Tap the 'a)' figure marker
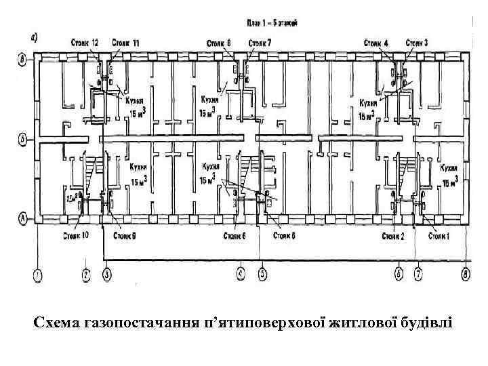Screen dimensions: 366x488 (x=38, y=36)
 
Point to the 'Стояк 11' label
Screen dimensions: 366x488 (x=125, y=43)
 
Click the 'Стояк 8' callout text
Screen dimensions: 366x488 (x=219, y=43)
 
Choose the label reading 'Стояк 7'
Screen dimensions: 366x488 (x=260, y=43)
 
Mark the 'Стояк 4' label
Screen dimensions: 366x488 (x=375, y=43)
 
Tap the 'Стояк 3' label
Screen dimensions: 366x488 (x=416, y=43)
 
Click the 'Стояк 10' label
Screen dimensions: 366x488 (x=75, y=236)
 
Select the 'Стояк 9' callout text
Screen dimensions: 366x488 (x=124, y=236)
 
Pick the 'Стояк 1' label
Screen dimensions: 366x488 (x=441, y=236)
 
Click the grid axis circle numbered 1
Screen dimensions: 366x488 (x=37, y=275)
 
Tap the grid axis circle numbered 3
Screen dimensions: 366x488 (x=107, y=275)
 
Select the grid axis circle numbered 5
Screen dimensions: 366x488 (x=263, y=275)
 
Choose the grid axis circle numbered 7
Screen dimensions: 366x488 (x=418, y=275)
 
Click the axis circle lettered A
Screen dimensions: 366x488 (x=22, y=219)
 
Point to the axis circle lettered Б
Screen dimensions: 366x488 (x=22, y=140)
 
